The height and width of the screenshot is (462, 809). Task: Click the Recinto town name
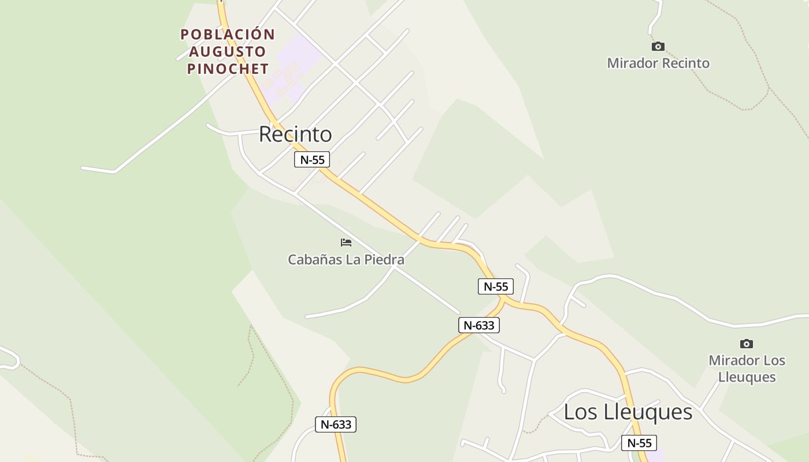(295, 134)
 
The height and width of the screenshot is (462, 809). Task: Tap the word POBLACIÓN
(228, 35)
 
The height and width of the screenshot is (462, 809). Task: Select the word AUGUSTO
(228, 51)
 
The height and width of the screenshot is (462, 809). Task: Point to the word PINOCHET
(228, 69)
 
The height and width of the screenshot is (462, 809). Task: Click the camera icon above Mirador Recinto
(658, 46)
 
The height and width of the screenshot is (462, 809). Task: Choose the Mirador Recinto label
(658, 63)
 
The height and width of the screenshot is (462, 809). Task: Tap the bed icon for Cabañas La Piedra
(346, 243)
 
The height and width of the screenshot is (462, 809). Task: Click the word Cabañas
(314, 260)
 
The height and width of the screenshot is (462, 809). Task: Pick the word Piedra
(383, 260)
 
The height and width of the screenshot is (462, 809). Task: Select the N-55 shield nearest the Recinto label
(312, 159)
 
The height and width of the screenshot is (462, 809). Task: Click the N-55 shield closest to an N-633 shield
(496, 286)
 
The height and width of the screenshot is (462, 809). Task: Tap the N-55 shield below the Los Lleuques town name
(639, 443)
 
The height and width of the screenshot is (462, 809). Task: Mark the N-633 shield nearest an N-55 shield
(479, 325)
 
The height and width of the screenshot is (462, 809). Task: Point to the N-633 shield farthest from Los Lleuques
(336, 424)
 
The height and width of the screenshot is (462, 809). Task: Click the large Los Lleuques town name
(628, 412)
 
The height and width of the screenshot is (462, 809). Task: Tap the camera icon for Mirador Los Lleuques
(747, 344)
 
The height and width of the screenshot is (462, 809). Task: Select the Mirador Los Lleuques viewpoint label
(747, 368)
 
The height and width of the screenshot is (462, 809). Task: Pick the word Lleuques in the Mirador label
(747, 377)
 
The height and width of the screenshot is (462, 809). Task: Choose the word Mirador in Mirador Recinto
(632, 63)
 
